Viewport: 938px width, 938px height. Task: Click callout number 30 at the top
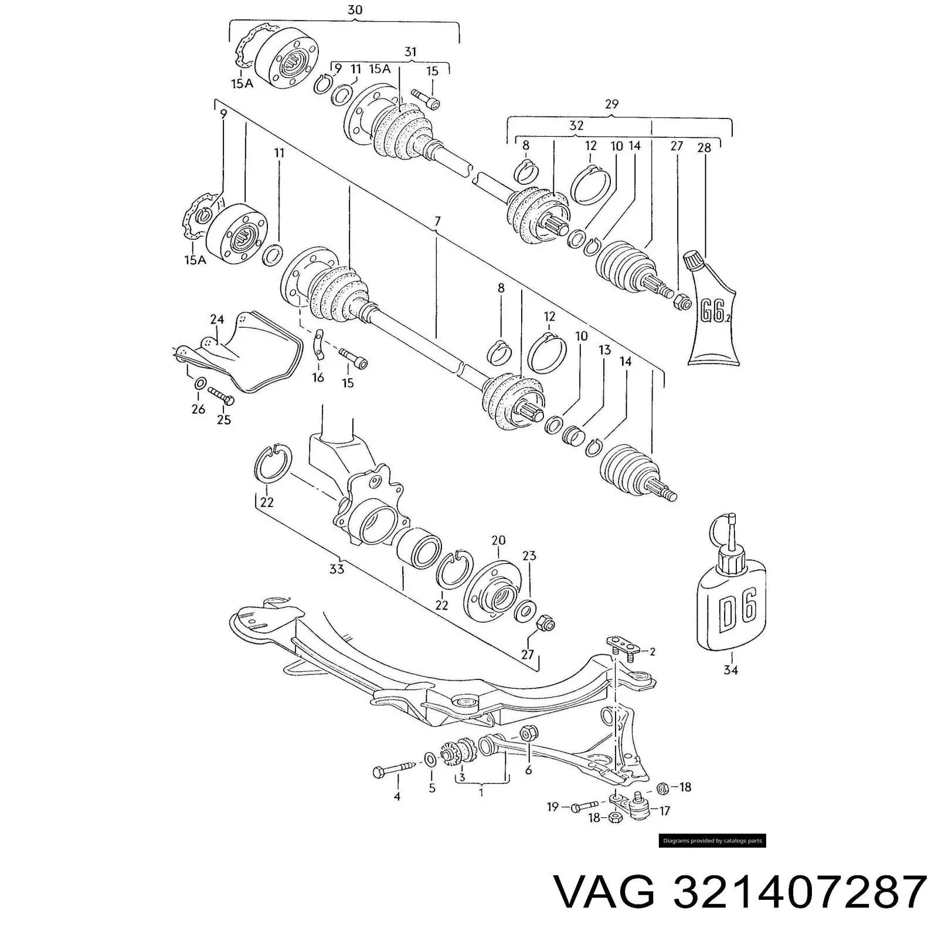click(x=355, y=10)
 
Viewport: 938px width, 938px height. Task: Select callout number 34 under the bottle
click(x=730, y=670)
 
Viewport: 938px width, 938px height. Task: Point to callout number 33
click(x=337, y=569)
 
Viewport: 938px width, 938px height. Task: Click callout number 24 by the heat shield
click(x=217, y=320)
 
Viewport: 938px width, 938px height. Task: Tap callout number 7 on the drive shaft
click(x=437, y=222)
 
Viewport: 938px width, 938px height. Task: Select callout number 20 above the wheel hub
click(x=498, y=541)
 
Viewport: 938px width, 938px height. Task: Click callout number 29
click(x=611, y=104)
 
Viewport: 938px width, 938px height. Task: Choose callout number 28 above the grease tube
click(x=704, y=148)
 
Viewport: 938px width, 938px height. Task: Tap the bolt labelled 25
click(x=220, y=396)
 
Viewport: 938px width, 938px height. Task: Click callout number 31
click(x=410, y=52)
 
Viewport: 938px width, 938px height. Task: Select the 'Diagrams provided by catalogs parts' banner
click(x=712, y=841)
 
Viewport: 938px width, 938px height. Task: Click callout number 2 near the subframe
click(x=652, y=651)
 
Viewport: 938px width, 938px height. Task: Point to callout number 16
click(x=318, y=378)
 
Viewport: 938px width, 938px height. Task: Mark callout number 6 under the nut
click(x=528, y=770)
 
